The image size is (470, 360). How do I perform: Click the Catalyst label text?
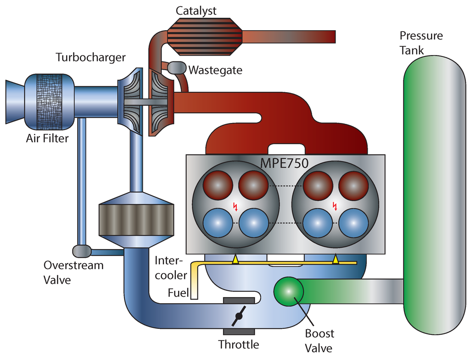coord(196,11)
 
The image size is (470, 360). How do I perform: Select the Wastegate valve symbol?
coord(176,68)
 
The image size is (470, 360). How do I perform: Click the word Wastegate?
coord(215,70)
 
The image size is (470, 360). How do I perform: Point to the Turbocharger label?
coord(90,57)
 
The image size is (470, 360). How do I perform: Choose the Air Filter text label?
coord(47,138)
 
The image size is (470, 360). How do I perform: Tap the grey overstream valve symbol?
coord(82,251)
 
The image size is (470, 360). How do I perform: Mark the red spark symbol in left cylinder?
coord(236,206)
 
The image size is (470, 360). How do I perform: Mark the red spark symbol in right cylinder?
coord(335,206)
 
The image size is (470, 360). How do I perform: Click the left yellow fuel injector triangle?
coord(235,260)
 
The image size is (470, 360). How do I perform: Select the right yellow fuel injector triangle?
coord(336,260)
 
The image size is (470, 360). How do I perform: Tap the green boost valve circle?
coord(289,292)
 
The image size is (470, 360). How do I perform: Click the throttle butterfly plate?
coord(239,317)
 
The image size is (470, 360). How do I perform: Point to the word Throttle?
coord(238,344)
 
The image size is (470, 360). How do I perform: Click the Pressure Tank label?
coord(421,43)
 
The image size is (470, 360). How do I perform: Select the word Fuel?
coord(179,293)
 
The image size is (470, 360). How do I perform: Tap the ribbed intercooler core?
coord(136,220)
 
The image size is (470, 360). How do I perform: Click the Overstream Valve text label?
coord(73,272)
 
